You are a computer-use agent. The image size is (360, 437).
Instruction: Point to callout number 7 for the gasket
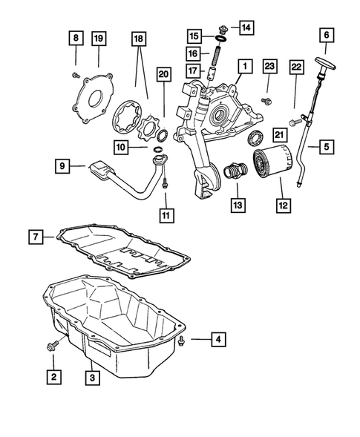[x=35, y=237]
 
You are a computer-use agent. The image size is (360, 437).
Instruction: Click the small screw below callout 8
[x=75, y=74]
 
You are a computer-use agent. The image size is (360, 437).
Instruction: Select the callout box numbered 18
[x=138, y=38]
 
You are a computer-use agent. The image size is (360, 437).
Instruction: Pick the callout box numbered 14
[x=246, y=28]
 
